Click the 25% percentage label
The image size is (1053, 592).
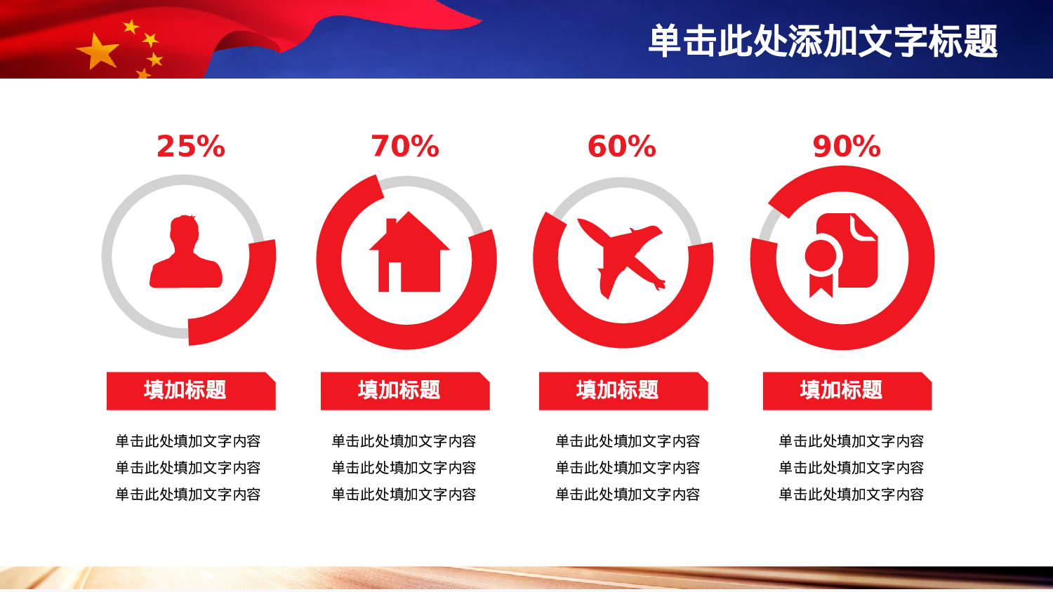coord(191,147)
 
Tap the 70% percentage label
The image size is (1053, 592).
coord(405,147)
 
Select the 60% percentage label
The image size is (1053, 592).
coord(621,147)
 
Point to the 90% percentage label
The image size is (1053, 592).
coord(846,147)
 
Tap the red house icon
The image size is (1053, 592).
coord(409,254)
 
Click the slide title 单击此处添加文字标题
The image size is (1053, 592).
coord(822,41)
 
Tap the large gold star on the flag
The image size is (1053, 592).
coord(98,52)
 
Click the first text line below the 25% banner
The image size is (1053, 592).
coord(188,441)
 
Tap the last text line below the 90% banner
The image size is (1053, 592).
coord(851,495)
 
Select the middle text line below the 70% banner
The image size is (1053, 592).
coord(404,468)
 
